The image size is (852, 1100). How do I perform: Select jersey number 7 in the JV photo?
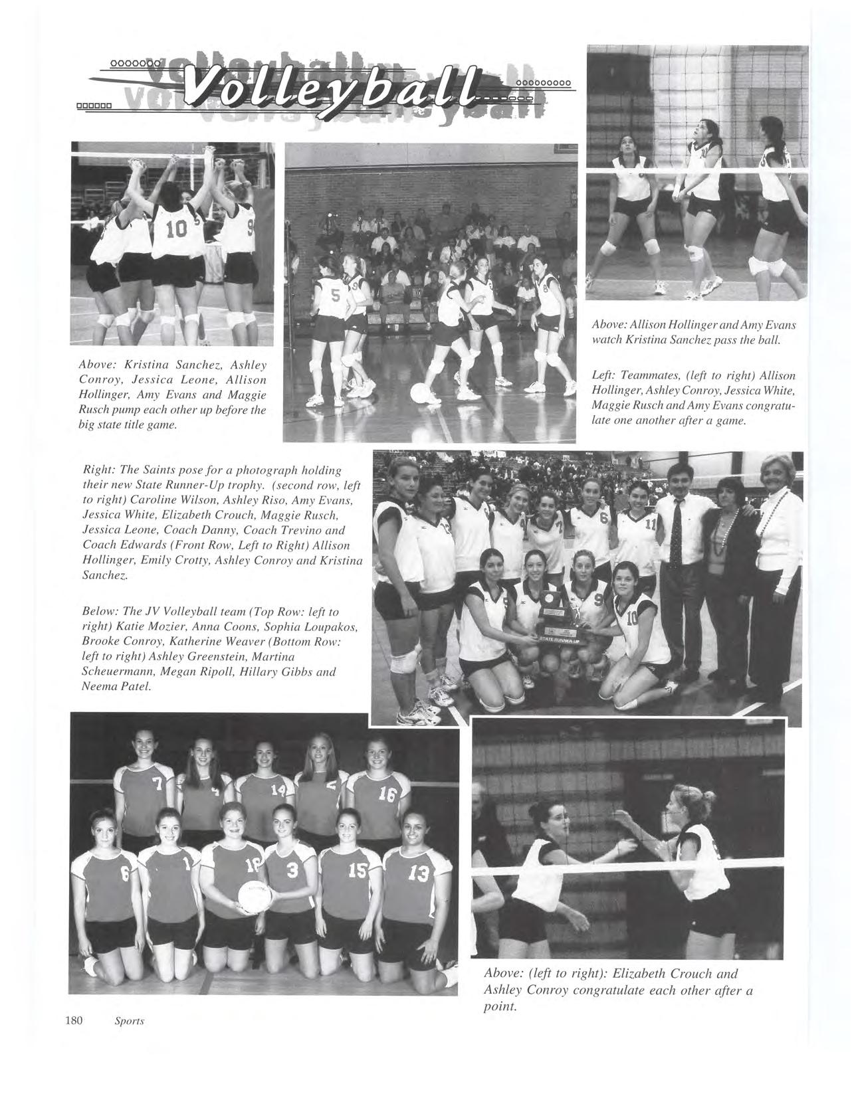click(x=158, y=784)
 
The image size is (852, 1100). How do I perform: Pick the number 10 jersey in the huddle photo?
click(x=177, y=230)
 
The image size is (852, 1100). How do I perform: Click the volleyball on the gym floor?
click(x=421, y=394)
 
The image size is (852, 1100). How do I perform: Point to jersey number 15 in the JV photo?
click(x=354, y=870)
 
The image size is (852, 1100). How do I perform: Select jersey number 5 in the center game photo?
click(x=335, y=297)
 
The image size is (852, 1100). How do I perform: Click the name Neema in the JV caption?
click(x=98, y=686)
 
